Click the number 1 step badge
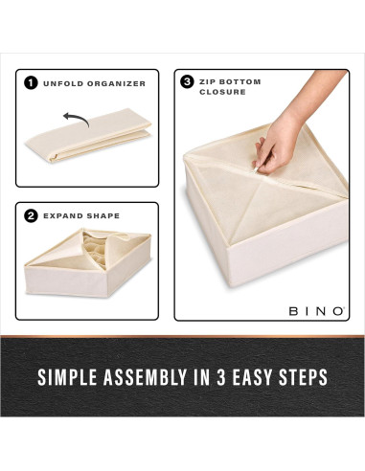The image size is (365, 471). coord(31,83)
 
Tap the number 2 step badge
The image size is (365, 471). coord(31,215)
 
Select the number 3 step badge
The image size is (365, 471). coord(187,81)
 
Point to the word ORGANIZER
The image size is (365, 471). coord(116,83)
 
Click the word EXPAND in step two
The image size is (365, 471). coord(62,215)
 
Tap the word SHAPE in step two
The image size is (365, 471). coord(103,215)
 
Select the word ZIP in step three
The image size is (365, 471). coord(209,81)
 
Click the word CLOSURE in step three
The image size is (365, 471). coord(222,93)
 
